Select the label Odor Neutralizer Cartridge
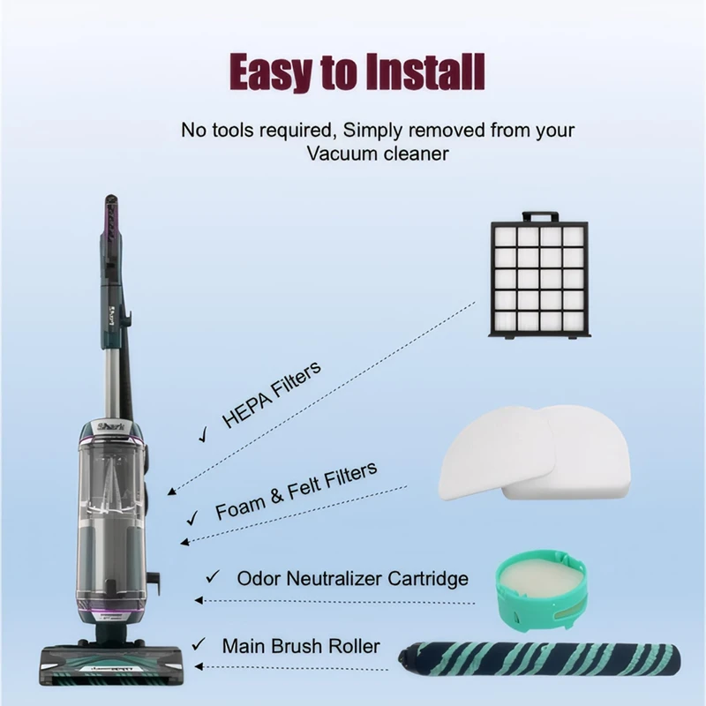(x=352, y=579)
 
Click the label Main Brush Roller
(x=301, y=646)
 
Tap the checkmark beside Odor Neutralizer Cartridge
(x=212, y=577)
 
